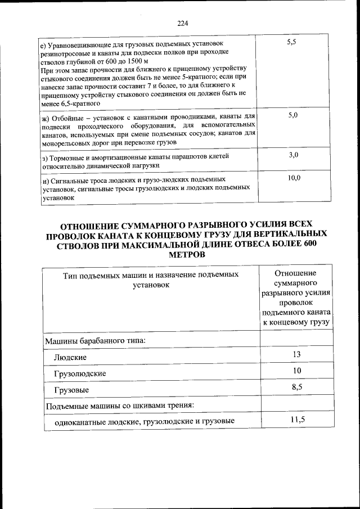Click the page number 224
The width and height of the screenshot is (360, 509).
[182, 23]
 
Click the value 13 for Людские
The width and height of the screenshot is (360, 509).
[297, 354]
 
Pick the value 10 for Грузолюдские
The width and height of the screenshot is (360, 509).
[297, 370]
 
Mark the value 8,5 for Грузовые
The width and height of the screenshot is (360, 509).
[297, 387]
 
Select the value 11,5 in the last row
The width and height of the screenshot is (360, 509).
[297, 420]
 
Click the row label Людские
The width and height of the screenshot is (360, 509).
[71, 357]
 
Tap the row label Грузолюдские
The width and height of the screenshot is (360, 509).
[80, 373]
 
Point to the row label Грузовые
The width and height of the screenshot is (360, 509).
[71, 390]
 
